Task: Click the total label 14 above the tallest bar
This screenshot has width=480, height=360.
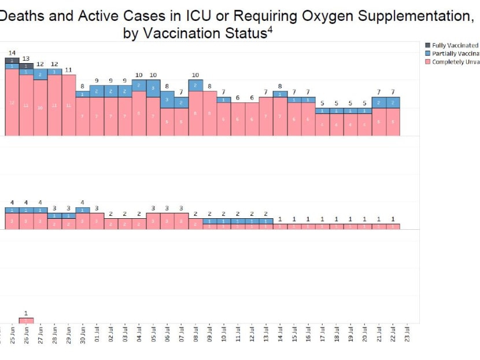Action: (12, 53)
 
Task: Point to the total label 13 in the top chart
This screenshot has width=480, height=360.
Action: (26, 58)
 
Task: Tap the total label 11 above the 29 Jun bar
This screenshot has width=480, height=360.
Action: (68, 69)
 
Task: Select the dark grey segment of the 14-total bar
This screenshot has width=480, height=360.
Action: (12, 60)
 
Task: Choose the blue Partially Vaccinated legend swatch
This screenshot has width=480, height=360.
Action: (428, 53)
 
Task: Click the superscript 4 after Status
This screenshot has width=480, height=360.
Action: (269, 29)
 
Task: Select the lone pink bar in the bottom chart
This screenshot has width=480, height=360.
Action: (26, 320)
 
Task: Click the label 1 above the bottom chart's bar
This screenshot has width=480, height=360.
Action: (26, 313)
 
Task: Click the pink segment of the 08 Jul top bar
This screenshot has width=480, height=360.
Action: (195, 113)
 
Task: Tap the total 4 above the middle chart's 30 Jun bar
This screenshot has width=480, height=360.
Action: (83, 202)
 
